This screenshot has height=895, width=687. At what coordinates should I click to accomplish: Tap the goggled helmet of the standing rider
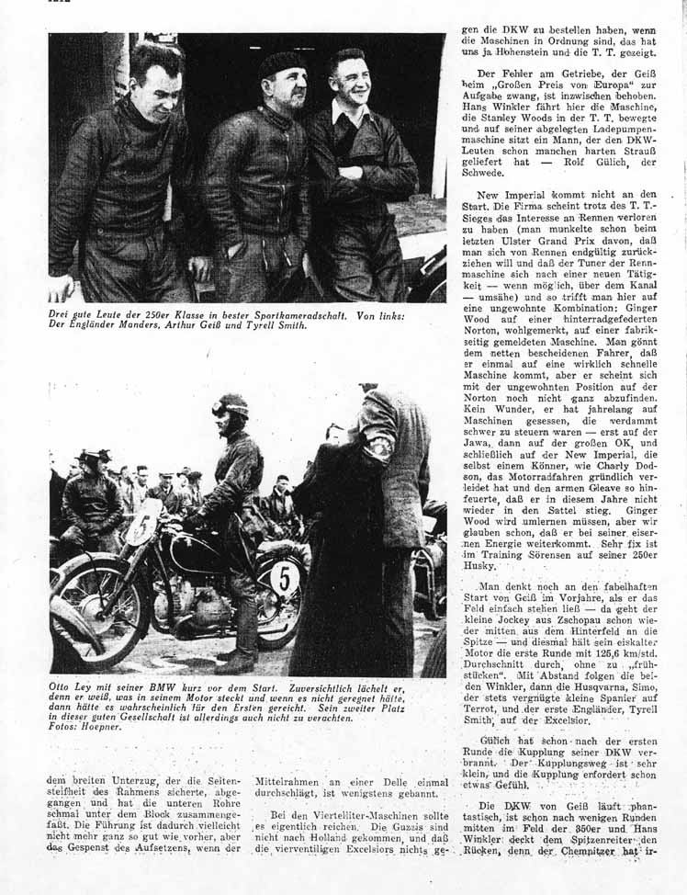pos(231,405)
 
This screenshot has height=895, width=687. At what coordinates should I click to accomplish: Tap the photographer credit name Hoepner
pos(107,727)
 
